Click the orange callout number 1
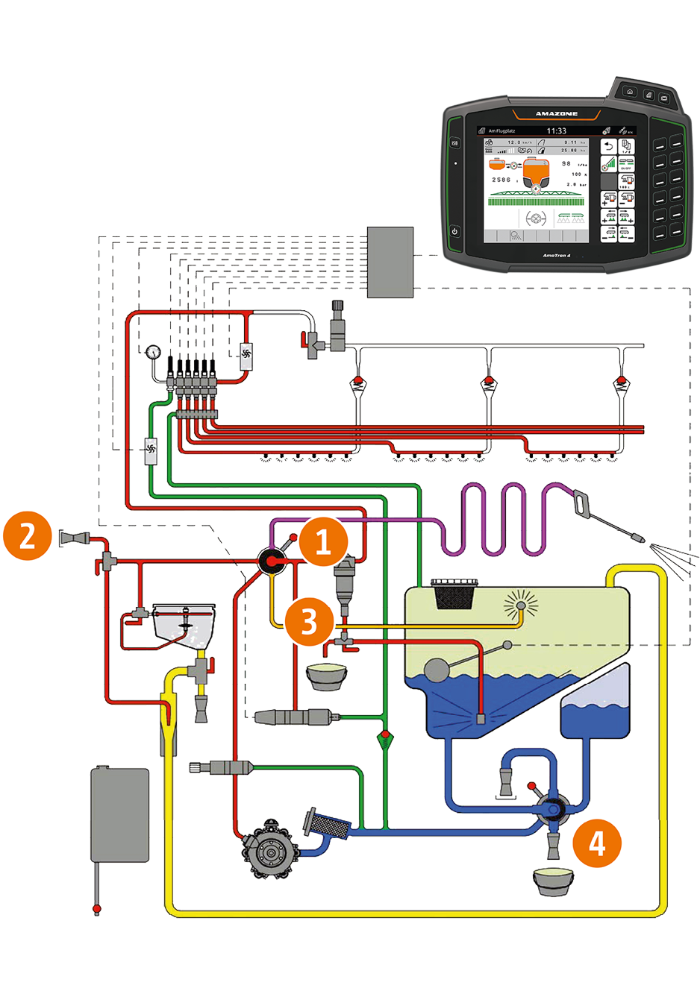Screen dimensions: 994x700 click(323, 541)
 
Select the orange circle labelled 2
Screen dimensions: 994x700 click(28, 535)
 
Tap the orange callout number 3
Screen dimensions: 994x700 click(309, 620)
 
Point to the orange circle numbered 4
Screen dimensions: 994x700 click(597, 843)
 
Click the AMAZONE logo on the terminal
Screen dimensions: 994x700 click(556, 113)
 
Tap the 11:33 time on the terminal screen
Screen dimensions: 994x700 click(556, 130)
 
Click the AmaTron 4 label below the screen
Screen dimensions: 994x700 click(556, 256)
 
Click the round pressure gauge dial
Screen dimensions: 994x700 click(154, 352)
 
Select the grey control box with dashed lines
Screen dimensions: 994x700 click(390, 262)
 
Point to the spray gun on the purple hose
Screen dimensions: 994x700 click(608, 516)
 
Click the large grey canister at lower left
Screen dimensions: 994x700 click(119, 815)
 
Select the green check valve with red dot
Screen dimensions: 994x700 click(385, 740)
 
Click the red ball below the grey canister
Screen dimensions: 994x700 click(96, 909)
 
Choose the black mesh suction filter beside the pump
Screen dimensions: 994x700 click(327, 823)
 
